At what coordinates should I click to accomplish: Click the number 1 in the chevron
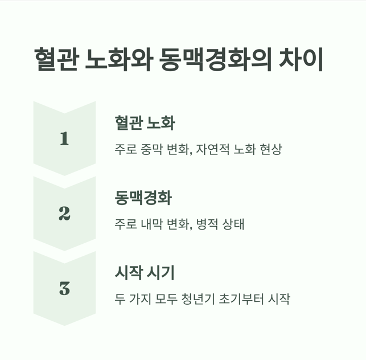click(x=64, y=138)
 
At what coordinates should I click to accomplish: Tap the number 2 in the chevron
click(x=64, y=214)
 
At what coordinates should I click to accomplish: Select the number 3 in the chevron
click(x=64, y=288)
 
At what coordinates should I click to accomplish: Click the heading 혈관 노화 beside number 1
click(x=145, y=122)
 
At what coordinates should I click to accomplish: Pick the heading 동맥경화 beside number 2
click(x=143, y=198)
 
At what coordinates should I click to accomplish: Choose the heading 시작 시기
click(x=145, y=273)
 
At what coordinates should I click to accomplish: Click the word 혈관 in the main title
click(x=56, y=60)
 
